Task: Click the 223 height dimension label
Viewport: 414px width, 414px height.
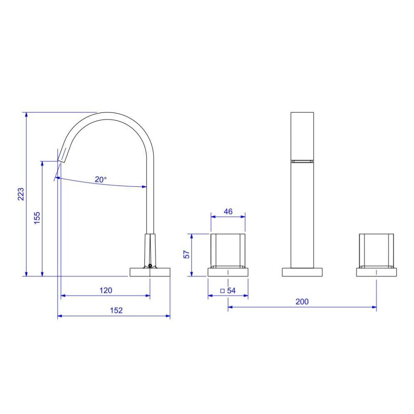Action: coord(21,194)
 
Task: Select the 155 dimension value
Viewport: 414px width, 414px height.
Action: coord(37,218)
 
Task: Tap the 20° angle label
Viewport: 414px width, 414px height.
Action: coord(100,180)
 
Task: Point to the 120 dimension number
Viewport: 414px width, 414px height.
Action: coord(106,290)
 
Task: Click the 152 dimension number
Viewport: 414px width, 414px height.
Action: coord(116,310)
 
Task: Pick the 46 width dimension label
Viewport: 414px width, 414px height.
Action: coord(228,212)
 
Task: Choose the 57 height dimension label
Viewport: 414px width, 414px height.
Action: coord(186,255)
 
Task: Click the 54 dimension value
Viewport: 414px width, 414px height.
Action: coord(231,290)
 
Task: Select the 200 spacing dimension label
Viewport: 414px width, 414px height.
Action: coord(302,302)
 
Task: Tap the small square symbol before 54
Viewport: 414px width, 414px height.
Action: coord(222,291)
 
